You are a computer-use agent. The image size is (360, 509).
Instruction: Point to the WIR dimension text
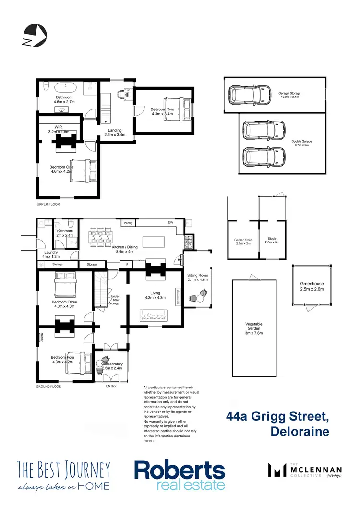(x=59, y=132)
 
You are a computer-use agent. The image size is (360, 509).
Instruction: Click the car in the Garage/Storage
(x=250, y=95)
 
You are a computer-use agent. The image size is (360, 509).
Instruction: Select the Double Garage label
(x=301, y=142)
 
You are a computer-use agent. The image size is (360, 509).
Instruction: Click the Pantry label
(x=128, y=223)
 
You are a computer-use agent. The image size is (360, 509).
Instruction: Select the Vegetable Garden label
(x=254, y=327)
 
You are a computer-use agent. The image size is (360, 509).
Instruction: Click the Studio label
(x=272, y=239)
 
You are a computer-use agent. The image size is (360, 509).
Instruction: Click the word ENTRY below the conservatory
(x=111, y=386)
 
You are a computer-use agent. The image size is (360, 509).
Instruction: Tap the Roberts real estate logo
(x=179, y=475)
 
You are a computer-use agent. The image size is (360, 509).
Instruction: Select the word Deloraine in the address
(x=300, y=431)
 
